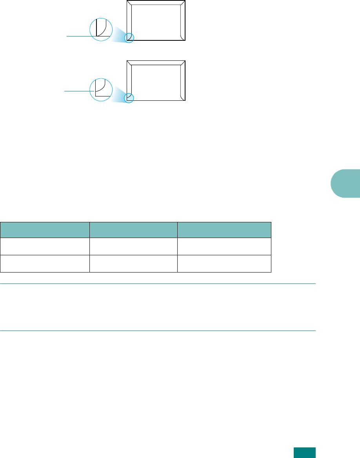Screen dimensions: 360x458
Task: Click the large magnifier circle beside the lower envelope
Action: point(101,89)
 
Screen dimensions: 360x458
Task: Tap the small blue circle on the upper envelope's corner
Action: point(129,38)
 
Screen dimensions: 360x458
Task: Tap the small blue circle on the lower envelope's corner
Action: point(129,98)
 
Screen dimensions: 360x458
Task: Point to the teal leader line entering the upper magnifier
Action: point(78,36)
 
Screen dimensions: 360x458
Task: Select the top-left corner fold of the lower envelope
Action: point(130,63)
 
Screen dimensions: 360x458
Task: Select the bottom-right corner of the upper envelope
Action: point(183,38)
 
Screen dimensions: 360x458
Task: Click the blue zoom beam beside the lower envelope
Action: point(118,95)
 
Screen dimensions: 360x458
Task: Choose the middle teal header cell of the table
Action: point(133,230)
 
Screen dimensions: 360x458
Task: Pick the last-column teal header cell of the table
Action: point(224,230)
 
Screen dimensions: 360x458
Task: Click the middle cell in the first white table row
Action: point(133,246)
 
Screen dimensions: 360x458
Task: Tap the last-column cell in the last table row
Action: point(224,264)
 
